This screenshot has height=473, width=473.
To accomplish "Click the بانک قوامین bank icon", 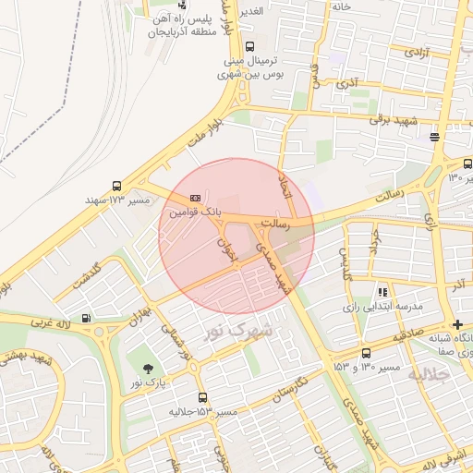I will point(195,198).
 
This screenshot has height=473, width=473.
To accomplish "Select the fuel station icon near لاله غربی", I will point(86,320).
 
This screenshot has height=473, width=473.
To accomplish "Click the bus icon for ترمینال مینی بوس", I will point(249,45).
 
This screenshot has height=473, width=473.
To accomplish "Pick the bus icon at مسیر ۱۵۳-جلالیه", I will point(202,397).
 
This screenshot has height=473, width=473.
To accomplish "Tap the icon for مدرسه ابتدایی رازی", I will point(382,292).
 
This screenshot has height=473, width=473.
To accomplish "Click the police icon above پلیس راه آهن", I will point(180,5).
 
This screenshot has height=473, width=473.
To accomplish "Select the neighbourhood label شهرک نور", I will point(240,329).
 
